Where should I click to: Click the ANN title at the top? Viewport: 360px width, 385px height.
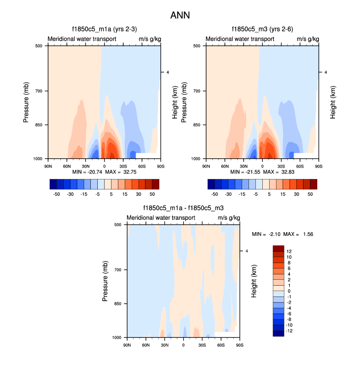[x=180, y=15]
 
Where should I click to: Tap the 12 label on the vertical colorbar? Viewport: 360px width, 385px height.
[x=289, y=251]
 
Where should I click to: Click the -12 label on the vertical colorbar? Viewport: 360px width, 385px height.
[x=290, y=331]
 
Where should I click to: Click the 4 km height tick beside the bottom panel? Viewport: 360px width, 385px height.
[x=247, y=251]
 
